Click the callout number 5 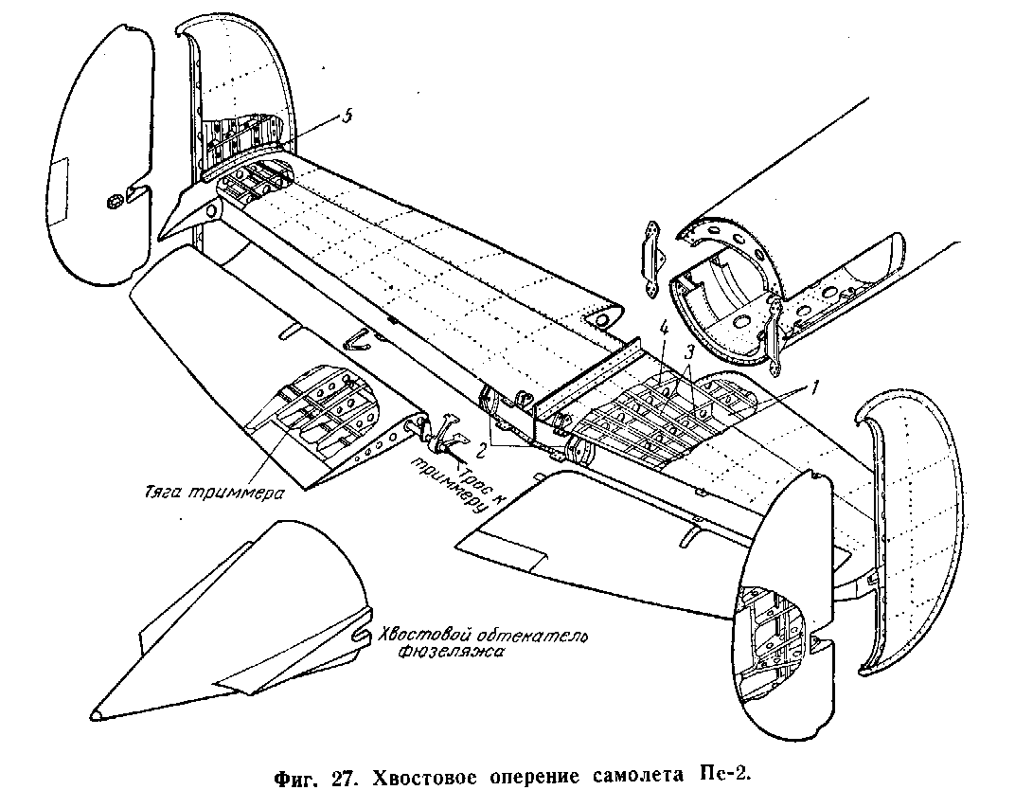coord(347,116)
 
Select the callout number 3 coord(690,352)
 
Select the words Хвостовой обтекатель coord(483,636)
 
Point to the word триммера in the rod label coord(245,492)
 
